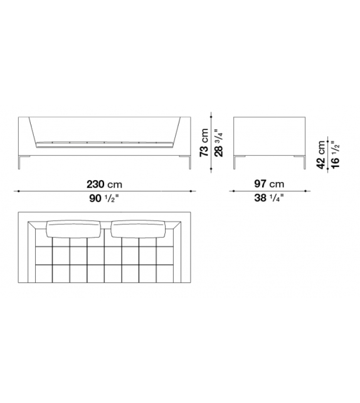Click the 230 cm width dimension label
(x=104, y=185)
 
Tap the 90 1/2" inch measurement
(x=104, y=198)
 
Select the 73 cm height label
(x=204, y=142)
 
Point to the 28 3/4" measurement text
(x=218, y=142)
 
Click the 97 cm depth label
(x=269, y=184)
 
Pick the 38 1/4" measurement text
(x=269, y=198)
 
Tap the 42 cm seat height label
(x=321, y=154)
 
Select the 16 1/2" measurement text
(x=335, y=154)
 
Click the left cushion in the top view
(x=74, y=228)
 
